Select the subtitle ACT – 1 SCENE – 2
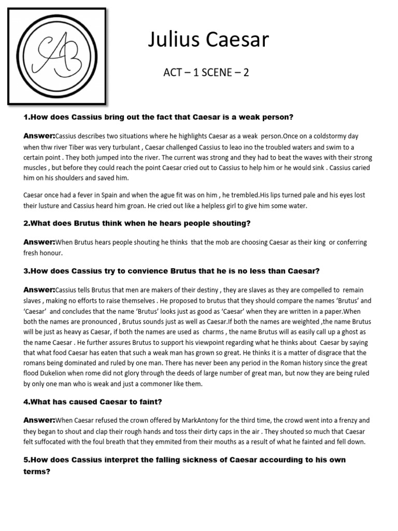pyautogui.click(x=206, y=72)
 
